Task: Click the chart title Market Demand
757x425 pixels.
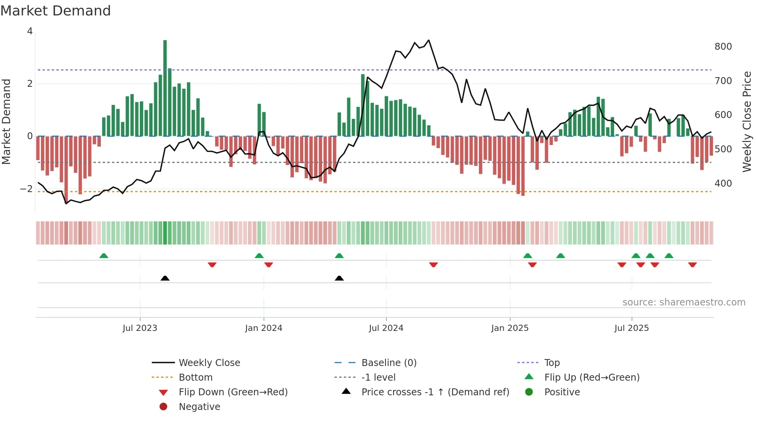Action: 56,11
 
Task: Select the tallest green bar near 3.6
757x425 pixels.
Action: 165,89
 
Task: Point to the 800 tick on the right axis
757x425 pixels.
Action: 723,47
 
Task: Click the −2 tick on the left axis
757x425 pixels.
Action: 26,189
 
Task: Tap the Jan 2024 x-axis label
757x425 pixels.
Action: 263,328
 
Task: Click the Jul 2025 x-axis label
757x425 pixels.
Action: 631,328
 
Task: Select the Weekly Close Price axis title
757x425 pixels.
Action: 747,121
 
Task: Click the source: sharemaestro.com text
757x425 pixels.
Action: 684,302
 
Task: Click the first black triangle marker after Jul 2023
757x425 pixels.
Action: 165,278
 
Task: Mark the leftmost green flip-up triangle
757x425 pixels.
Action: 104,256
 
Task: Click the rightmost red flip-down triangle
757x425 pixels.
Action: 692,265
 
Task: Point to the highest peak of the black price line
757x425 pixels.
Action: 429,40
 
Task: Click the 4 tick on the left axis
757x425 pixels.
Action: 30,31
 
